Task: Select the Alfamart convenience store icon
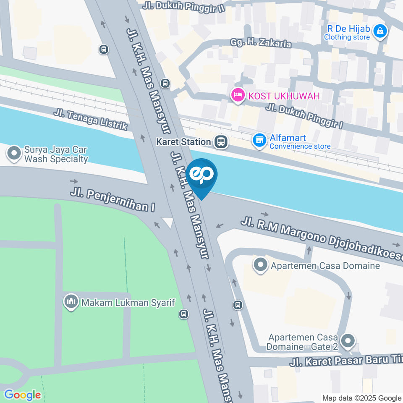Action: (x=259, y=141)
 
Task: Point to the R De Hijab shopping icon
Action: (x=380, y=31)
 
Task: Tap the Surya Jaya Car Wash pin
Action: (x=14, y=154)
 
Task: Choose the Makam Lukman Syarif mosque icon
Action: (x=71, y=301)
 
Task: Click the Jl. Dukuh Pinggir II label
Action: (x=183, y=6)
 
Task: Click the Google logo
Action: (x=22, y=395)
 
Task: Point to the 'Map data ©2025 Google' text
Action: (x=361, y=398)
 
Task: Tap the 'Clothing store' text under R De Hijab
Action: (x=347, y=37)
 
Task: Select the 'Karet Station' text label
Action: (x=183, y=142)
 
